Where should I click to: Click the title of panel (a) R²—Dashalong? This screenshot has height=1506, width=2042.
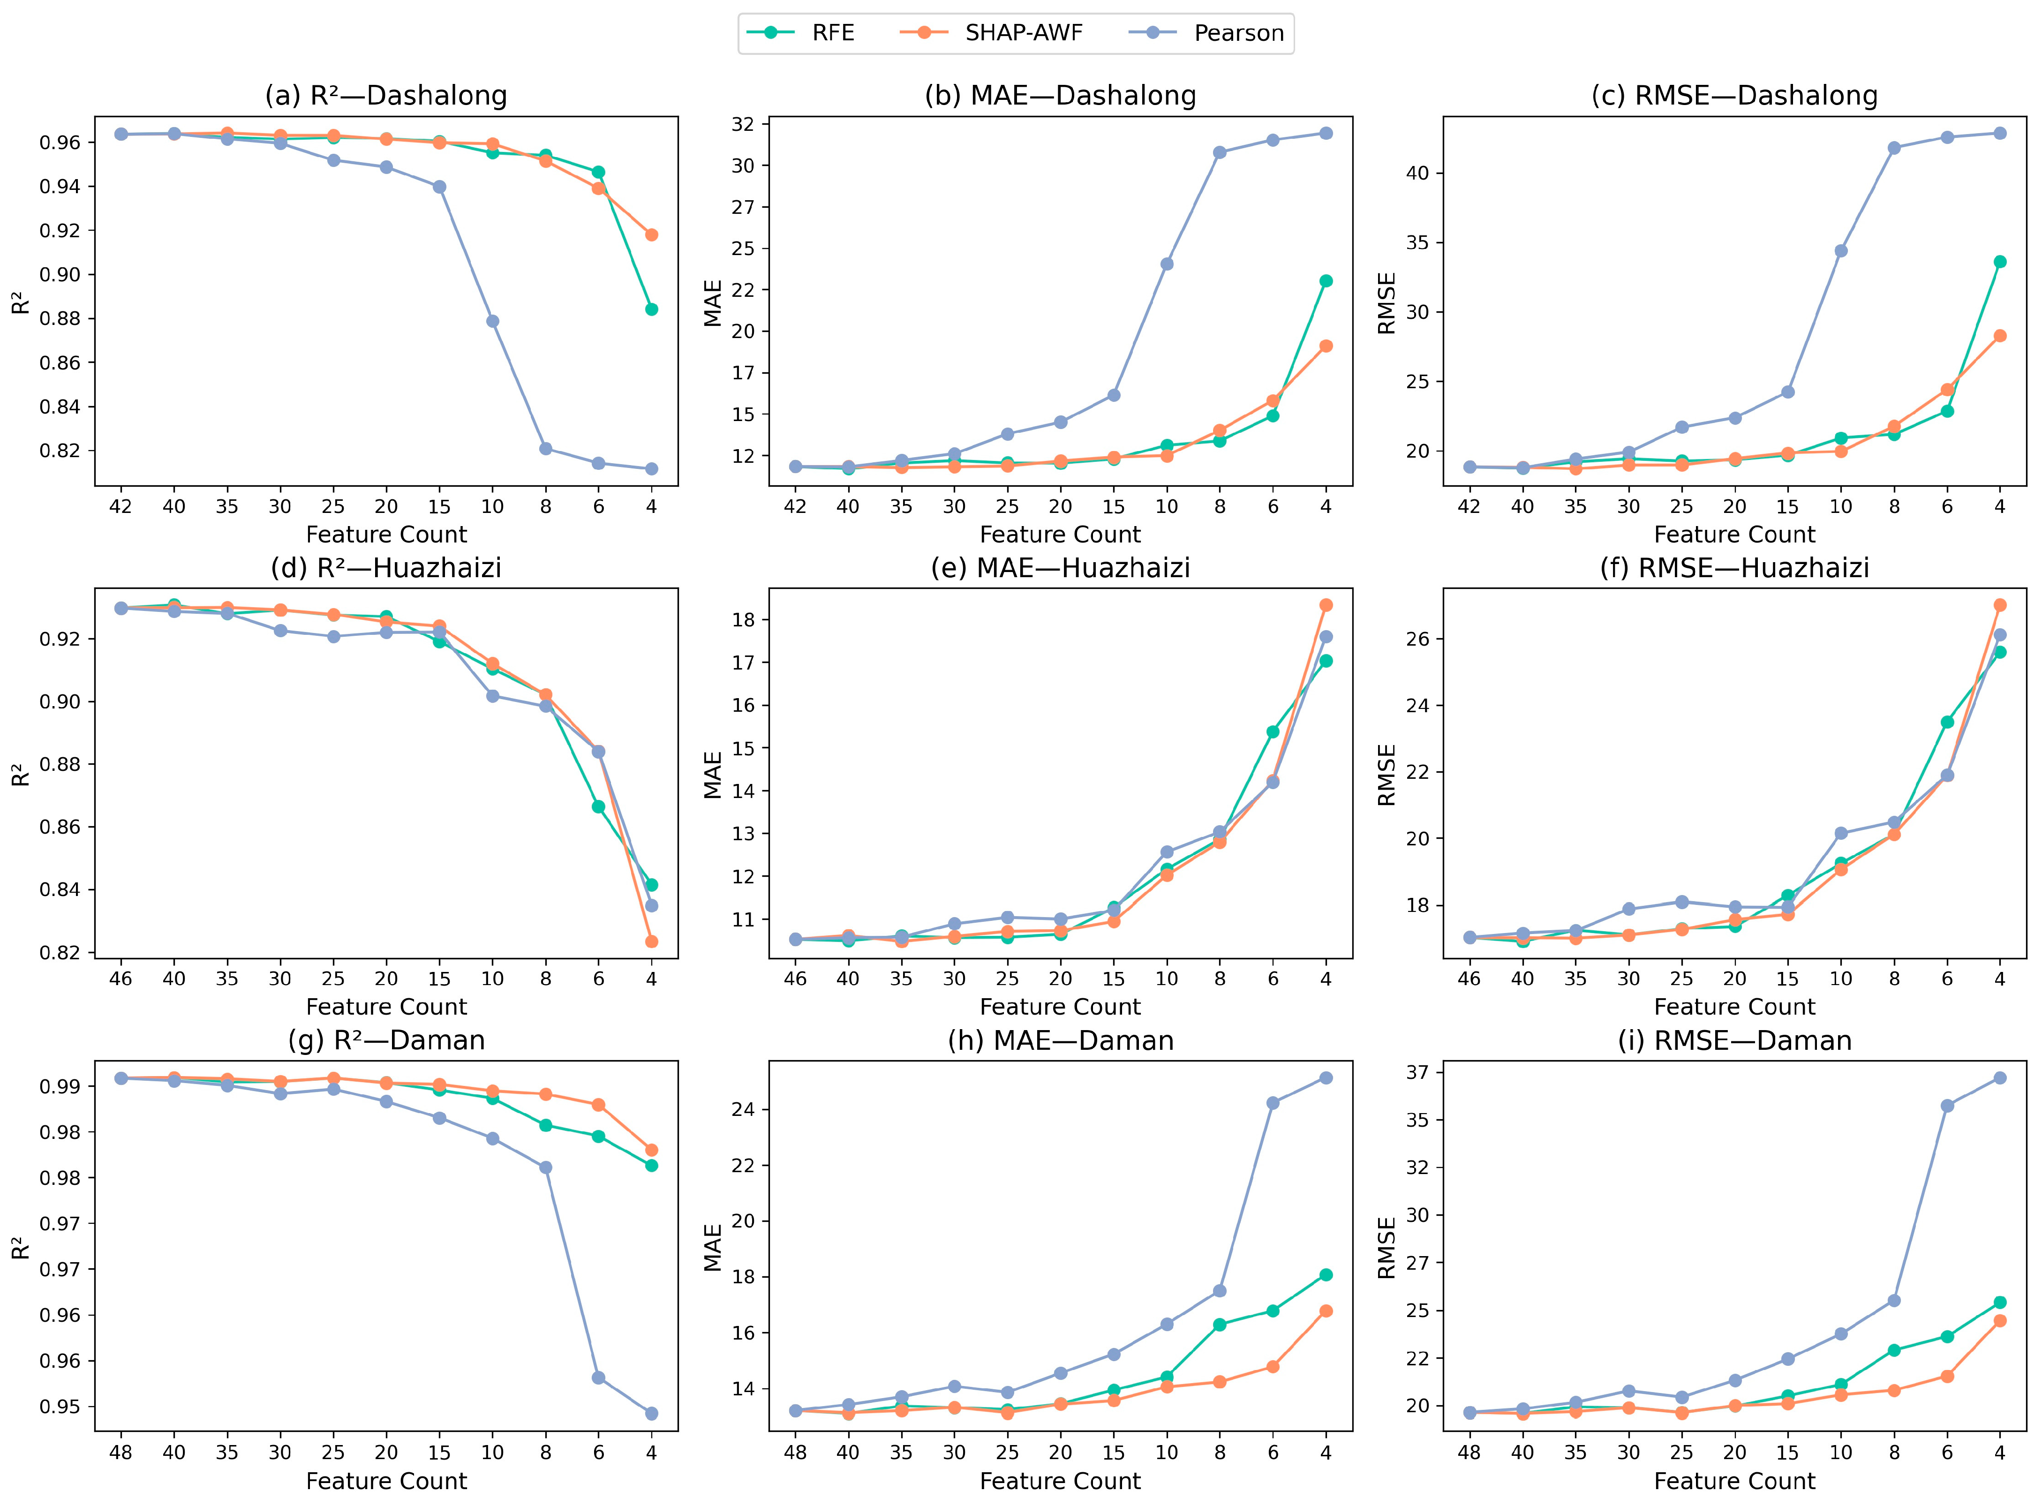pos(386,96)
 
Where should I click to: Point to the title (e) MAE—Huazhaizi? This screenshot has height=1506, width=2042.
pos(1060,568)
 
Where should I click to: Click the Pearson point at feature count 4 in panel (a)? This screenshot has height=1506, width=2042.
pos(652,468)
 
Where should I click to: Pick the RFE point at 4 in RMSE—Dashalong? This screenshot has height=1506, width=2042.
pos(2000,262)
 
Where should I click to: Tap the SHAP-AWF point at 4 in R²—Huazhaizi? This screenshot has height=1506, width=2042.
pos(652,941)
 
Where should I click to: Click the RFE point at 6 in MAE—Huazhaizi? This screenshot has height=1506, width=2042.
pos(1273,732)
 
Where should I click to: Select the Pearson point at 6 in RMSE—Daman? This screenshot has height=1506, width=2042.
pos(1947,1106)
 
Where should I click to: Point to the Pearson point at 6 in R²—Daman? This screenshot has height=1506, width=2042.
pos(599,1378)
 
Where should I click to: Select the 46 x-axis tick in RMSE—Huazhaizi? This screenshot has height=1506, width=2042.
pos(1469,979)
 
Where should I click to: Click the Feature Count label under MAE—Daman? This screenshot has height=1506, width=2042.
pos(1060,1482)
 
